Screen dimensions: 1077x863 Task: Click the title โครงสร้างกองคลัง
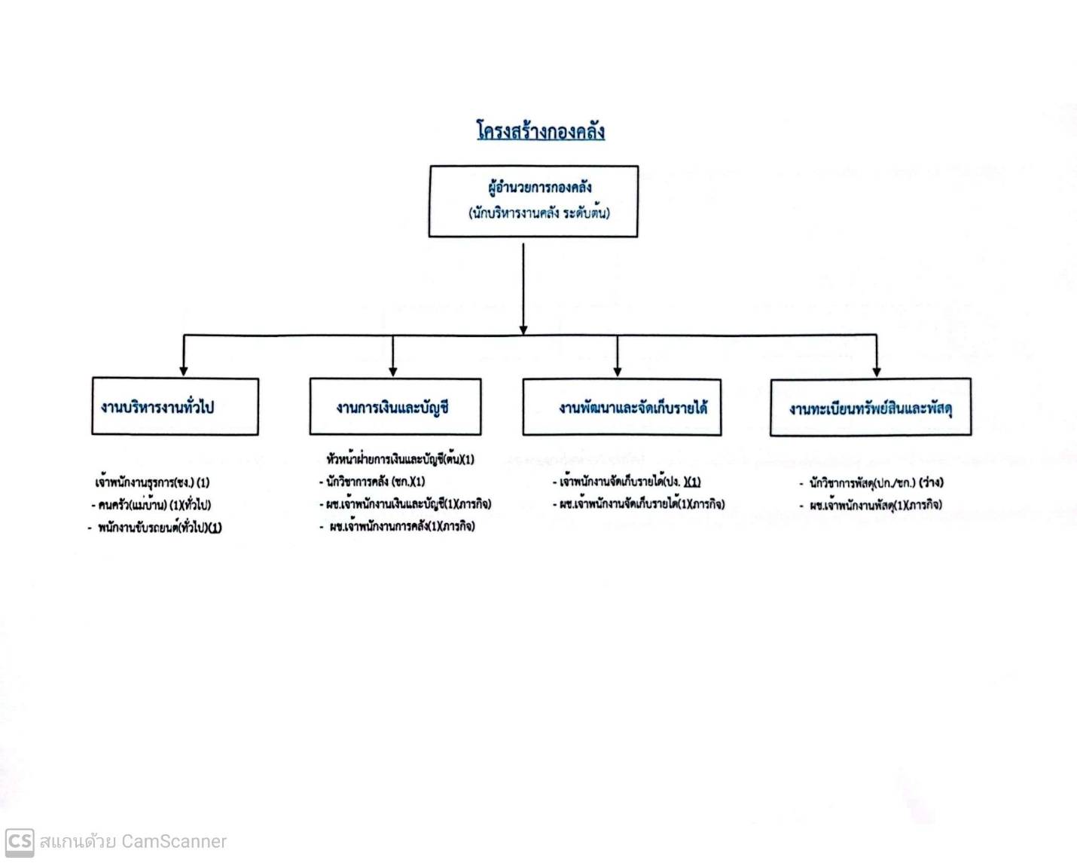[541, 131]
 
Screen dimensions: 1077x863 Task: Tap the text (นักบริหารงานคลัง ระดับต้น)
[539, 213]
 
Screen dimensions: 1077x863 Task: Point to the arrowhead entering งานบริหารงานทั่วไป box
[184, 371]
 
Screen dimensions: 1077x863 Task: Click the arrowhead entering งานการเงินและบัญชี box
[393, 371]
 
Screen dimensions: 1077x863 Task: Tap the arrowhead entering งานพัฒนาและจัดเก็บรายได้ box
[618, 371]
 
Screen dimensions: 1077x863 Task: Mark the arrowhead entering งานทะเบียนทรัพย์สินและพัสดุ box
[877, 371]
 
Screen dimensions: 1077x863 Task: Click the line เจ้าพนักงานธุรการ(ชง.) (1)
[152, 483]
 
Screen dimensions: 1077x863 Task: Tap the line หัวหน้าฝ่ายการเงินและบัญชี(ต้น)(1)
[400, 459]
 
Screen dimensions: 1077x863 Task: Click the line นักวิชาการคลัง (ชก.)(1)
[372, 482]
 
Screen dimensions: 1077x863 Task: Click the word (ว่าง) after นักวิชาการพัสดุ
[931, 483]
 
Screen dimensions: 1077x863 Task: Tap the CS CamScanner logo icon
[20, 841]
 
